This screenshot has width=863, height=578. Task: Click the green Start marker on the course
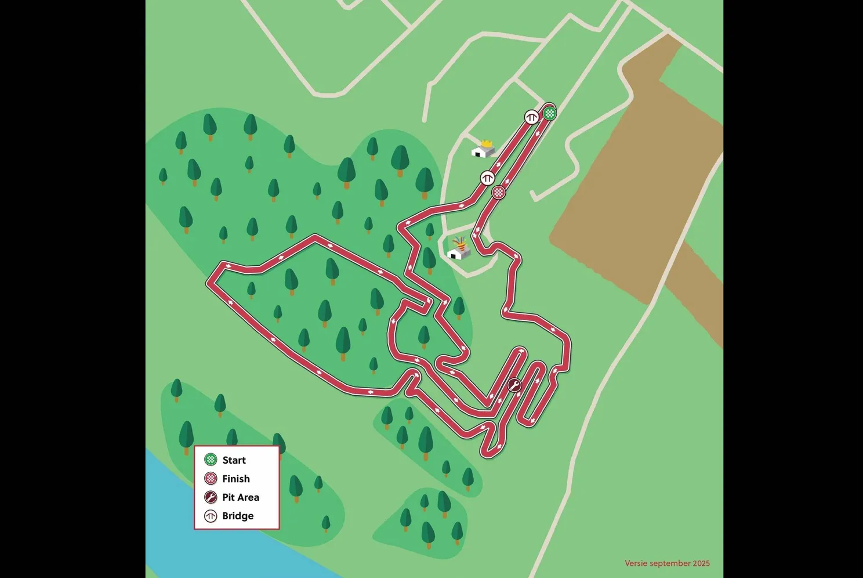pyautogui.click(x=550, y=113)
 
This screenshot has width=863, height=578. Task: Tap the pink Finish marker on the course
pyautogui.click(x=498, y=192)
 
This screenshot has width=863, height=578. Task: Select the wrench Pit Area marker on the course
pyautogui.click(x=514, y=385)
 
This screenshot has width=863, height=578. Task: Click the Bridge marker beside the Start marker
pyautogui.click(x=531, y=117)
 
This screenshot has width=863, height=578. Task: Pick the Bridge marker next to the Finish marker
pyautogui.click(x=487, y=178)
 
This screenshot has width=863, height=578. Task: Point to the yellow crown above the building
pyautogui.click(x=487, y=143)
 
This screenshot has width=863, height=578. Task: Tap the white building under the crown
pyautogui.click(x=481, y=152)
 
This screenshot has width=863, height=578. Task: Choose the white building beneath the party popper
pyautogui.click(x=457, y=254)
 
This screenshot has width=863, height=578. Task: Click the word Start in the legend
pyautogui.click(x=234, y=460)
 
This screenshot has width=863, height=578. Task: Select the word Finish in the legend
pyautogui.click(x=236, y=479)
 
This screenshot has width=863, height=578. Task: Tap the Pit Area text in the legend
pyautogui.click(x=241, y=497)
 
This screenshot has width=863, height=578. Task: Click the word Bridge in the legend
pyautogui.click(x=238, y=516)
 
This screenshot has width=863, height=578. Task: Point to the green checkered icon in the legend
pyautogui.click(x=211, y=460)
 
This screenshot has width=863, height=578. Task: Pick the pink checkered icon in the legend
pyautogui.click(x=211, y=479)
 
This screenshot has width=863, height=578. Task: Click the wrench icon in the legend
pyautogui.click(x=211, y=497)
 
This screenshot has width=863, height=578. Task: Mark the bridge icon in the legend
pyautogui.click(x=211, y=516)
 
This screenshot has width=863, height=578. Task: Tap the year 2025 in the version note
pyautogui.click(x=701, y=563)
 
